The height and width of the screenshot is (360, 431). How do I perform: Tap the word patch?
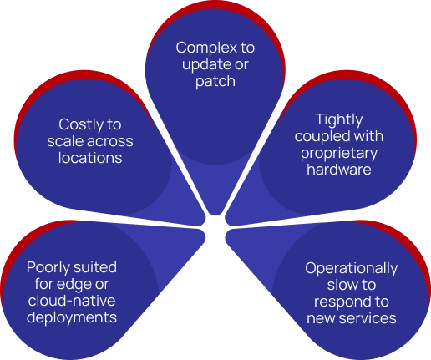pos(215,82)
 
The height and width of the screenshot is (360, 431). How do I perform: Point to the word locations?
pos(90,158)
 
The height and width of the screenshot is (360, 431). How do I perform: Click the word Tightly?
pos(339,120)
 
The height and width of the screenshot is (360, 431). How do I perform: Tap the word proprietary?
pos(339,154)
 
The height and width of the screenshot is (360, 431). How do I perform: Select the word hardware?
pos(339,170)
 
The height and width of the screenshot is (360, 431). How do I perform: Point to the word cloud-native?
pos(72,301)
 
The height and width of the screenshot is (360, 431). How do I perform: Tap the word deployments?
pos(72,317)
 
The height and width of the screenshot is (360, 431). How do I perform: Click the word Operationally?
pos(352,269)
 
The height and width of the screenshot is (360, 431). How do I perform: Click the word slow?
pos(339,285)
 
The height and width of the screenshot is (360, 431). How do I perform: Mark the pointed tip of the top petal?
pos(215,215)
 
